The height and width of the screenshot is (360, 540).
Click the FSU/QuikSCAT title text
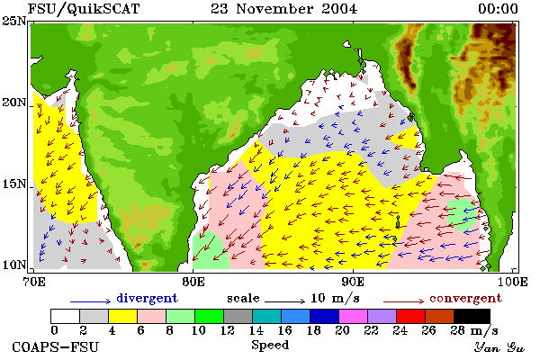click(x=84, y=9)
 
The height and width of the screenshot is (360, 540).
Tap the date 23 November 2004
click(x=284, y=9)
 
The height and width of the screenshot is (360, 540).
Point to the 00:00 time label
click(x=498, y=9)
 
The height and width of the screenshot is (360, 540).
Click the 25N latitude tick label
click(x=14, y=22)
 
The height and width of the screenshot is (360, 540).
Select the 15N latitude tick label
click(x=14, y=184)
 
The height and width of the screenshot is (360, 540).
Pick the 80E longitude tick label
click(x=193, y=282)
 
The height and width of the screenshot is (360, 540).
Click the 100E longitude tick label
click(x=512, y=282)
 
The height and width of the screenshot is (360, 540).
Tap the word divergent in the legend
click(x=147, y=298)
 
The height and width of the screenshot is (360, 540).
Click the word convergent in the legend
click(x=465, y=298)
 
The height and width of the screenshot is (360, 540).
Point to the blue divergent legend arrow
click(x=91, y=301)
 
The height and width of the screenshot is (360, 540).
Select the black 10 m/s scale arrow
click(x=284, y=301)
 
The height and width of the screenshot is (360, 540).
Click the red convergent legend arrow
click(x=403, y=301)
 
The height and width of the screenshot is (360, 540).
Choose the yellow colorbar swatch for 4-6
click(x=122, y=316)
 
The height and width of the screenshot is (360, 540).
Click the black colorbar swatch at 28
click(x=472, y=316)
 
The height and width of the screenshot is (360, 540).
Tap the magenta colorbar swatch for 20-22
click(x=353, y=316)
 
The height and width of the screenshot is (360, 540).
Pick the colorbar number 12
click(x=228, y=330)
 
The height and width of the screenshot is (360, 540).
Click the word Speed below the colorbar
click(x=270, y=346)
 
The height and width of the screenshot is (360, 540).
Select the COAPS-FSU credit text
click(x=56, y=346)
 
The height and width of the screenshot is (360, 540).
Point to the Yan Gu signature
click(x=499, y=347)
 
